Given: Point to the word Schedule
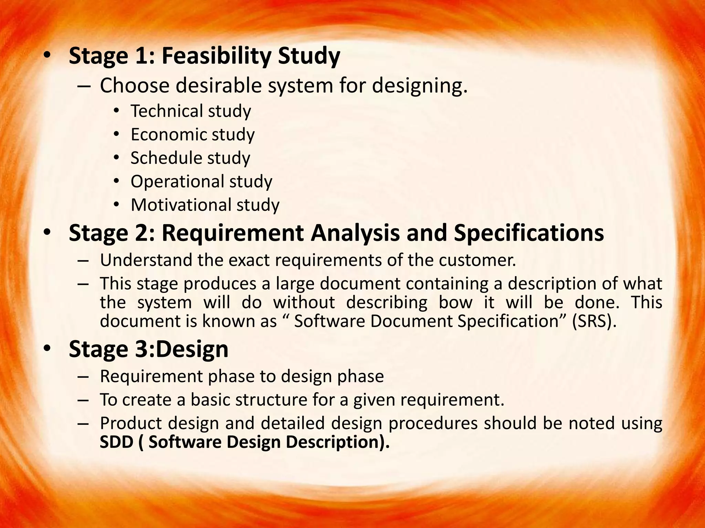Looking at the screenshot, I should [161, 158].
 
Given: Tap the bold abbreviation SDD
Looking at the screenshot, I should [116, 442].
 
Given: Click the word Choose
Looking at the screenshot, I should [135, 85].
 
